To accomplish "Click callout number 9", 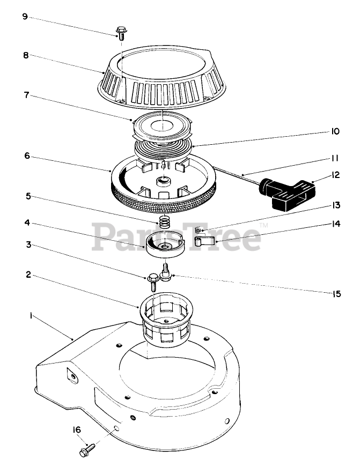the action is point(25,17).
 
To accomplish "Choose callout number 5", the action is point(26,196).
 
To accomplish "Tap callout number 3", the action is point(26,245).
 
